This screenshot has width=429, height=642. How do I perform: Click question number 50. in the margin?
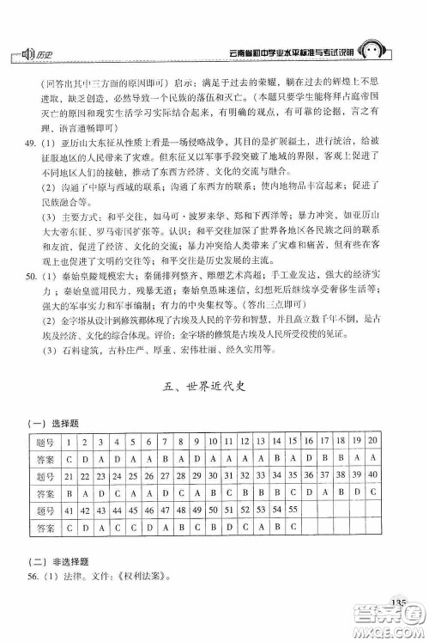pos(29,277)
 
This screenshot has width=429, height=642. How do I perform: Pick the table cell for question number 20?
pos(373,442)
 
